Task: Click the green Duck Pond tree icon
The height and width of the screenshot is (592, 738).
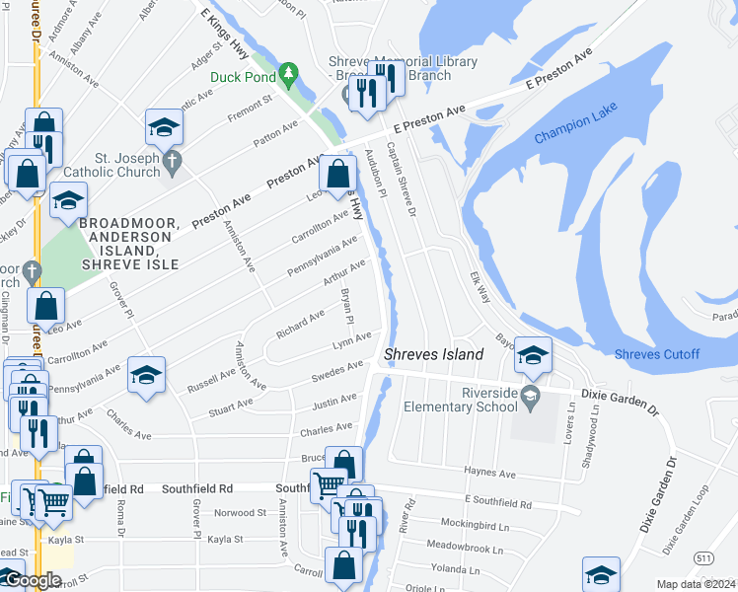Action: click(288, 73)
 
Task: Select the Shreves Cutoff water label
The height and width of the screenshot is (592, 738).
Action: click(656, 355)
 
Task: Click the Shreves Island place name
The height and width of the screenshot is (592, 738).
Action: click(433, 354)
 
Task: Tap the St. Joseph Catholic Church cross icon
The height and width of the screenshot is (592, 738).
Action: click(173, 160)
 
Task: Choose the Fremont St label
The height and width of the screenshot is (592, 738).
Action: click(250, 107)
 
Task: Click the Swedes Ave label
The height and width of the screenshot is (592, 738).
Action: click(337, 372)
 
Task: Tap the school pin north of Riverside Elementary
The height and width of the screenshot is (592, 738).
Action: click(533, 357)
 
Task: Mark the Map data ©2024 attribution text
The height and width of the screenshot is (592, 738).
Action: click(696, 584)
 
